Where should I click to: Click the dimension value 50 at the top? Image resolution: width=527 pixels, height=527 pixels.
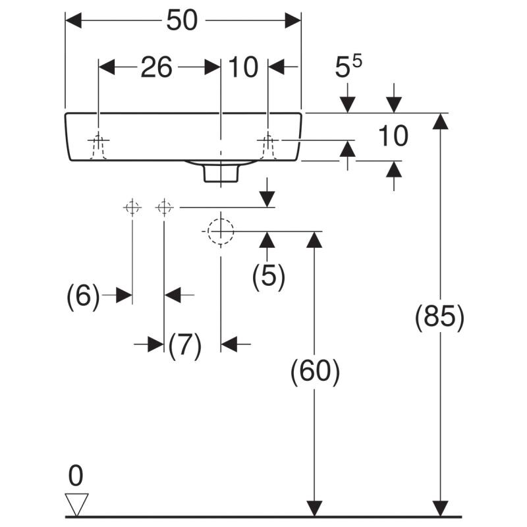[181, 20]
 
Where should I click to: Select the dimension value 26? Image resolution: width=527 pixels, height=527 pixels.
[156, 67]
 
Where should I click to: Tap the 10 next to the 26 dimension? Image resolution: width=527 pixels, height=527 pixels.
[243, 67]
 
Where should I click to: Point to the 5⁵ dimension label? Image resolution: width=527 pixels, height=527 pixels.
[350, 68]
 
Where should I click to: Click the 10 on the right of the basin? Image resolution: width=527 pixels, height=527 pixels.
[393, 136]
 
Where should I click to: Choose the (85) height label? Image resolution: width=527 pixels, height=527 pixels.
[439, 318]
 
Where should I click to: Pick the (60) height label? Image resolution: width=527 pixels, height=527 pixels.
[315, 373]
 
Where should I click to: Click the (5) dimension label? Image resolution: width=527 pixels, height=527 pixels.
[268, 277]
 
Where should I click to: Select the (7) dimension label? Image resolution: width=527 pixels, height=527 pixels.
[184, 345]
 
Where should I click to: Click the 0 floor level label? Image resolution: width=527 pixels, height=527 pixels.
[76, 475]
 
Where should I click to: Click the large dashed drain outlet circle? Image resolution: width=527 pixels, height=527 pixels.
[220, 231]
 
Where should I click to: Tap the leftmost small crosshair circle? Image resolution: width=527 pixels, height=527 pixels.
[132, 208]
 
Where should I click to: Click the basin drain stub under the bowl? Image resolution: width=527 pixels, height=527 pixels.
[220, 172]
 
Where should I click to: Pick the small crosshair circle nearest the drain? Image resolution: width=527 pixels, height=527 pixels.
[164, 208]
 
